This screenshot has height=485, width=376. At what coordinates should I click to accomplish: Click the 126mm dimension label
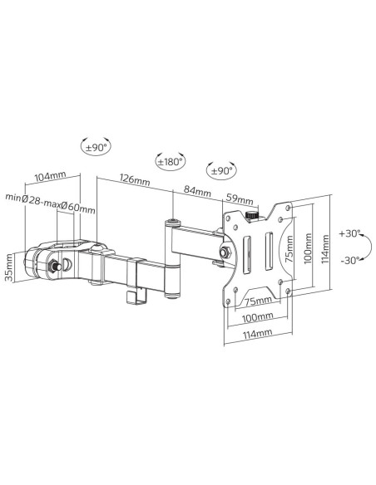coord(135,179)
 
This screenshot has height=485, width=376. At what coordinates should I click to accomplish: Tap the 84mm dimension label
coord(197,191)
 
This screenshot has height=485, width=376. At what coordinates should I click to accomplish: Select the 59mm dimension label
coord(240,198)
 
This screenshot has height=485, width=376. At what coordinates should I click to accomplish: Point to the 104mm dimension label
coord(50,177)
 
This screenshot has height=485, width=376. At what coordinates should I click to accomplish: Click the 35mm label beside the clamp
coord(10,267)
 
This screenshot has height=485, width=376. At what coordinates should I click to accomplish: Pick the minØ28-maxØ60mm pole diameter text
coord(50,203)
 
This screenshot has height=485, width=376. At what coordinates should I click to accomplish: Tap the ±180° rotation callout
coord(170,161)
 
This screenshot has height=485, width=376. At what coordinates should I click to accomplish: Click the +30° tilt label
coord(349,233)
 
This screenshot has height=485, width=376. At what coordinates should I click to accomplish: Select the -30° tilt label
coord(350,260)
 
